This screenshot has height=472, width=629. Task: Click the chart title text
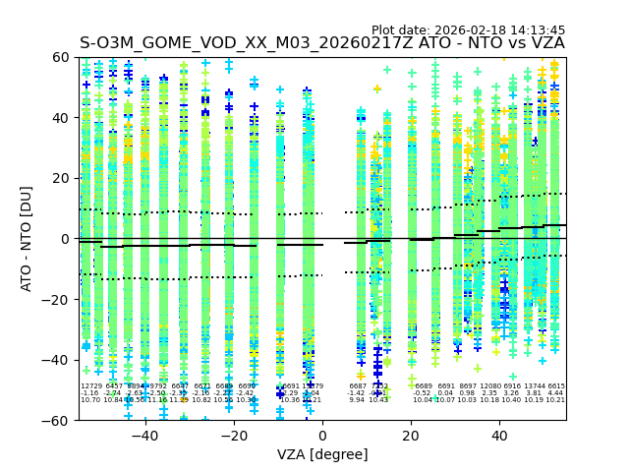click(x=322, y=43)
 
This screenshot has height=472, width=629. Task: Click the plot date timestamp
click(x=468, y=30)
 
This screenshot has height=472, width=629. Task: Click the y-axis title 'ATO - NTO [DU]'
click(x=28, y=238)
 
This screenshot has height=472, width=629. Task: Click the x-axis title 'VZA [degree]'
click(x=322, y=454)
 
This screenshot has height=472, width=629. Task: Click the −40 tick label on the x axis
click(x=144, y=436)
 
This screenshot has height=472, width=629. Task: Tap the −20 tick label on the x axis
click(x=233, y=436)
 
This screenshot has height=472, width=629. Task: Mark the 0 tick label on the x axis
click(x=322, y=436)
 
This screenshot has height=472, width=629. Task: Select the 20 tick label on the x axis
click(x=411, y=436)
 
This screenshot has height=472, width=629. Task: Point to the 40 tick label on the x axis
click(x=499, y=436)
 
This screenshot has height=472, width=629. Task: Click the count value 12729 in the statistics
click(x=90, y=386)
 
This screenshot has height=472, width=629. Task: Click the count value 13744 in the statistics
click(x=534, y=386)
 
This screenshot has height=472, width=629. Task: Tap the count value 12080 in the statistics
click(x=489, y=386)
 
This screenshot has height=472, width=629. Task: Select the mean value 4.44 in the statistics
click(x=556, y=393)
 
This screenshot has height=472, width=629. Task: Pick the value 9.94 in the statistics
click(x=357, y=400)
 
